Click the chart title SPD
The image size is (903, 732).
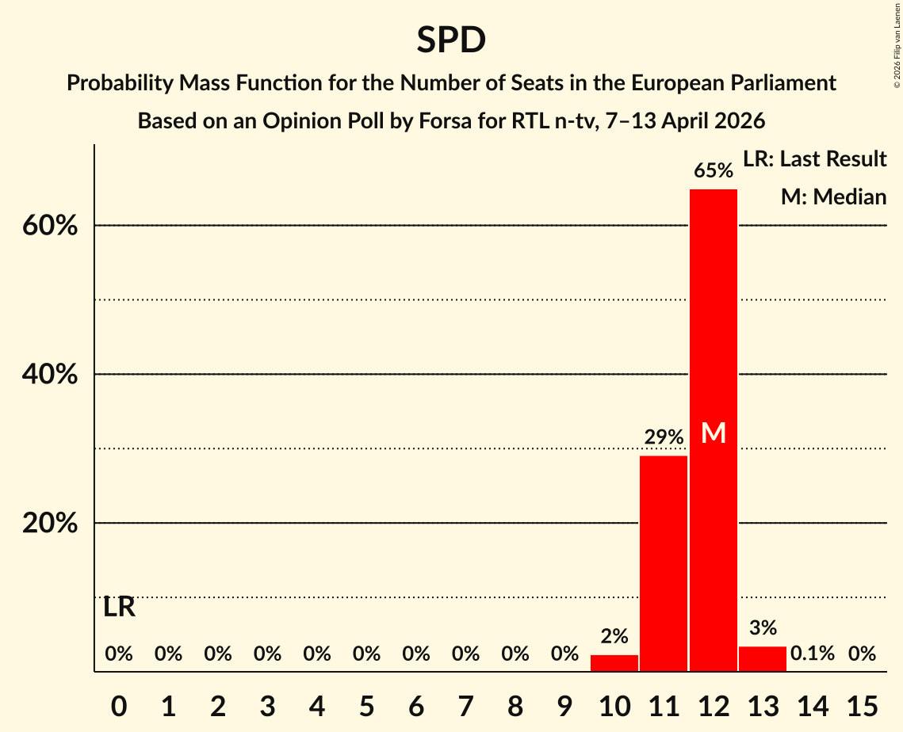click(x=451, y=40)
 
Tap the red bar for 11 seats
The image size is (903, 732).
click(x=664, y=563)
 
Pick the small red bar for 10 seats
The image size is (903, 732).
click(x=614, y=663)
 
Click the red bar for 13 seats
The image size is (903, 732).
click(x=763, y=659)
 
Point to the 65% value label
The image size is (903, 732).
click(x=713, y=171)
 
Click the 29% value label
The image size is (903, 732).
click(x=664, y=437)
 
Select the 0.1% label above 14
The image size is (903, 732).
click(x=812, y=654)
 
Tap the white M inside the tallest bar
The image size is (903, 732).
click(x=714, y=433)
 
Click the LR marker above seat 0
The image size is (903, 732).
click(x=119, y=608)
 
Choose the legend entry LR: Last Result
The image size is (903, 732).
click(x=814, y=159)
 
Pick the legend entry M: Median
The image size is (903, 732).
click(x=833, y=197)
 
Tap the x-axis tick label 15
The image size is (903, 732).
click(x=862, y=703)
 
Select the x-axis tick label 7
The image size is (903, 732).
click(x=465, y=703)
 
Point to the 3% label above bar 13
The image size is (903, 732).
click(x=763, y=628)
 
